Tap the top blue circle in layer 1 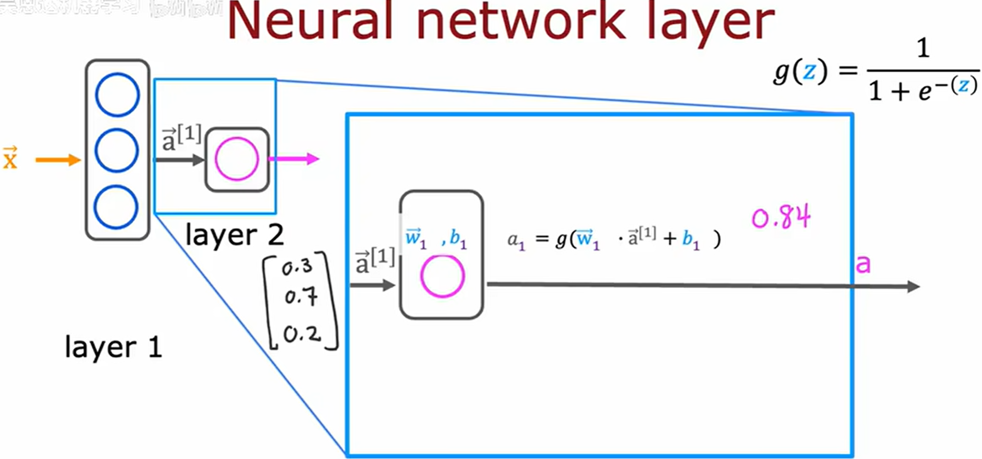coord(117,95)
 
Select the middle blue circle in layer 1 coord(116,150)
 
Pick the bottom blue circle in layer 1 coord(116,207)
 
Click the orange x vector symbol coord(10,158)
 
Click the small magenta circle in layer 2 coord(237,159)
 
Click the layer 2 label coord(234,235)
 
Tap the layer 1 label coord(113,347)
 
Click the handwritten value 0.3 coord(297,268)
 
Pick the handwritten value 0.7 coord(301,297)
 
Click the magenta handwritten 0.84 coord(781,217)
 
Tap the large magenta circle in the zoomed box coord(442,276)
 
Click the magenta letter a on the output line coord(863,264)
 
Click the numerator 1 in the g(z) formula coord(923,48)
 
